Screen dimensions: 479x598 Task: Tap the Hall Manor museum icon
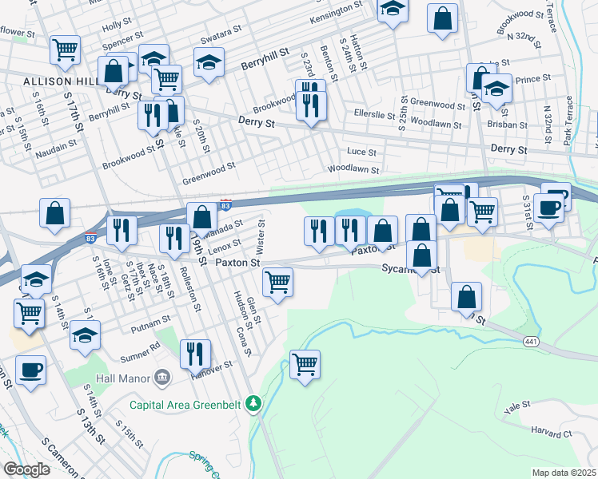(162, 375)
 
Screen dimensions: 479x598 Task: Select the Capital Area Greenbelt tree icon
(253, 404)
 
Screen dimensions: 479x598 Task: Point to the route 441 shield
(530, 341)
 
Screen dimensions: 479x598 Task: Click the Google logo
(26, 469)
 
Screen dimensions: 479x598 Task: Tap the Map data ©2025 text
(564, 473)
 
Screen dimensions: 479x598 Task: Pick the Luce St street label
(362, 151)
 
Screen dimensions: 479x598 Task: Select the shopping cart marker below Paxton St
(277, 281)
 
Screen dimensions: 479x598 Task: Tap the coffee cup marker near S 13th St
(30, 370)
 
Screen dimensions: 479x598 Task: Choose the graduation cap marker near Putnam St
(85, 335)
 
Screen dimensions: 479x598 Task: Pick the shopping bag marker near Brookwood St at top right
(442, 18)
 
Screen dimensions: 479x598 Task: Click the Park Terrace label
(568, 121)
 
